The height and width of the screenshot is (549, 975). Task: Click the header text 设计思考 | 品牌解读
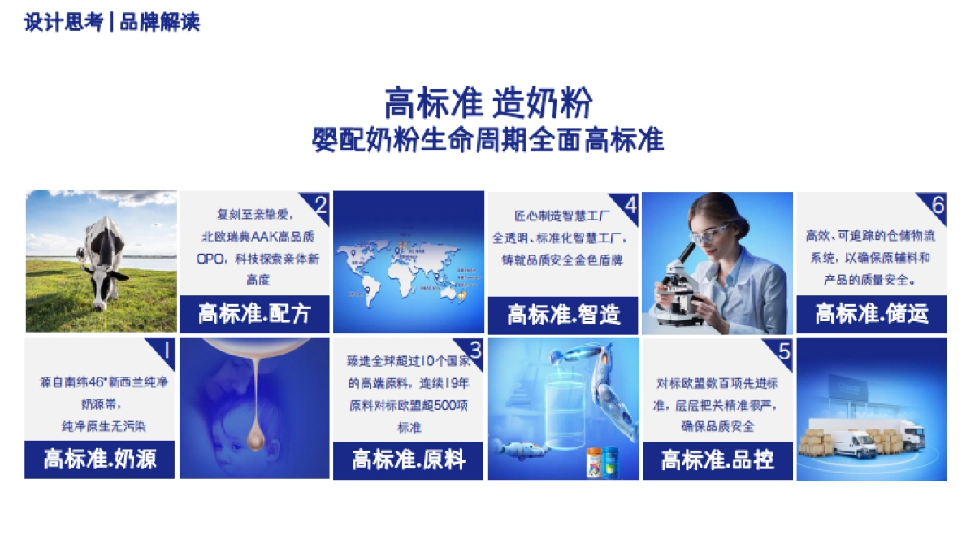pos(111,23)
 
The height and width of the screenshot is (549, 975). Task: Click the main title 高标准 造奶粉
pos(488,103)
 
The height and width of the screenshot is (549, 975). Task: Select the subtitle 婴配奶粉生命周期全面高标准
pos(488,140)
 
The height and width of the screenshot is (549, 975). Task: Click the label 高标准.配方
pos(254,314)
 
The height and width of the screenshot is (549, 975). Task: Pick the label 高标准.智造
pos(563,314)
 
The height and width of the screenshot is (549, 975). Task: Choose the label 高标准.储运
pos(871,314)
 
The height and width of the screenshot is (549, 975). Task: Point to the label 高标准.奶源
pos(99,460)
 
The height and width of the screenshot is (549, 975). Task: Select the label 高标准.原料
pos(408,460)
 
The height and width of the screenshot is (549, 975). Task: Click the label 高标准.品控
pos(717,460)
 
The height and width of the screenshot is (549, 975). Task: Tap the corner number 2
pos(320,205)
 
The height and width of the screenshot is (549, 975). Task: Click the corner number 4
pos(630,205)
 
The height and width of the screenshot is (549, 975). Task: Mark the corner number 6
pos(938,205)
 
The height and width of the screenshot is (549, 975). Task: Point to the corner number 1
pos(166,351)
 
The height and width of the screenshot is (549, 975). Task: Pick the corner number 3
pos(475,351)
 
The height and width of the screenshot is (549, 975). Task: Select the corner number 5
pos(784,351)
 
